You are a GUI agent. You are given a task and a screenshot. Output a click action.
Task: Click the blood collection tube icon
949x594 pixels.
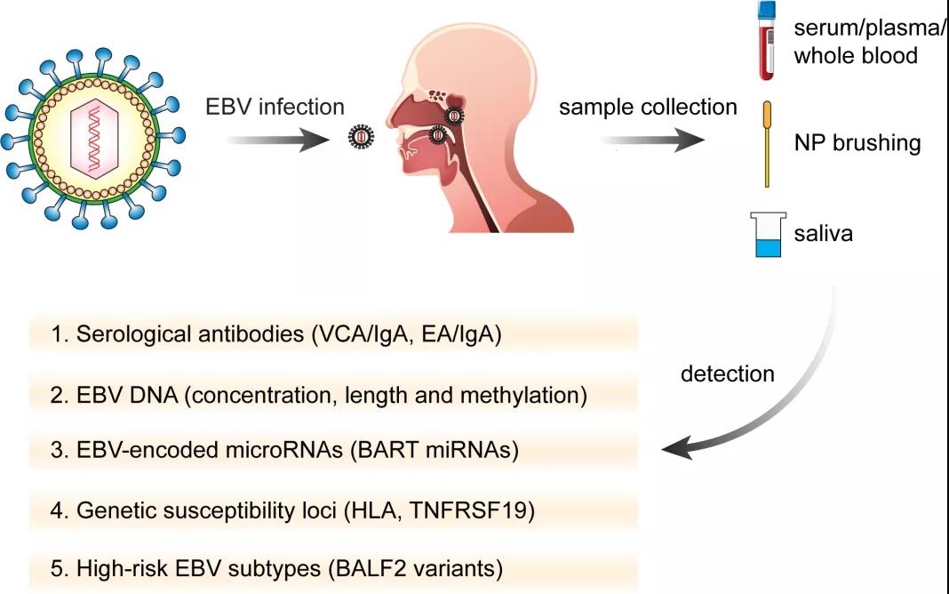(x=767, y=40)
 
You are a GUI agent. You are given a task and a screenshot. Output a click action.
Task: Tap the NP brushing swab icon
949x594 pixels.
(x=767, y=144)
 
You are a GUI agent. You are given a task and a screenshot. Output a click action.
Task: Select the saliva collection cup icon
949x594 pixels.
(x=768, y=235)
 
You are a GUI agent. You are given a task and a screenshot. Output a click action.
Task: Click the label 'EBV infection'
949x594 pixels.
(x=275, y=108)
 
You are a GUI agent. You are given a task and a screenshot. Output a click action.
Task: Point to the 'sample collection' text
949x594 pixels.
(x=648, y=108)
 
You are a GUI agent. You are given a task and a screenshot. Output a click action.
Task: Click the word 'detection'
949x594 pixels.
(x=728, y=373)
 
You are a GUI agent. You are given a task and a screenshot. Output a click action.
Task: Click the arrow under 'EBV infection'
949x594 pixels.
(x=278, y=140)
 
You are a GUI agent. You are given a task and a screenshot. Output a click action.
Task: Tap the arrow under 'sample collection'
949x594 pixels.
(x=652, y=140)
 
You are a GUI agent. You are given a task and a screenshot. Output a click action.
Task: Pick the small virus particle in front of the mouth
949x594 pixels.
(x=361, y=137)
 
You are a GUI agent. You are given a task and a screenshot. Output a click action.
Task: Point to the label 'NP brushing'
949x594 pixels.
(x=857, y=143)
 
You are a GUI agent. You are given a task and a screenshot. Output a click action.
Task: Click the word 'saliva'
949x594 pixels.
(x=824, y=233)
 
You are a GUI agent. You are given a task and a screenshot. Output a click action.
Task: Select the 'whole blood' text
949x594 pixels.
(x=856, y=56)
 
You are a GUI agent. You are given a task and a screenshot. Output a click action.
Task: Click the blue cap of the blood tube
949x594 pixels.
(x=767, y=9)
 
